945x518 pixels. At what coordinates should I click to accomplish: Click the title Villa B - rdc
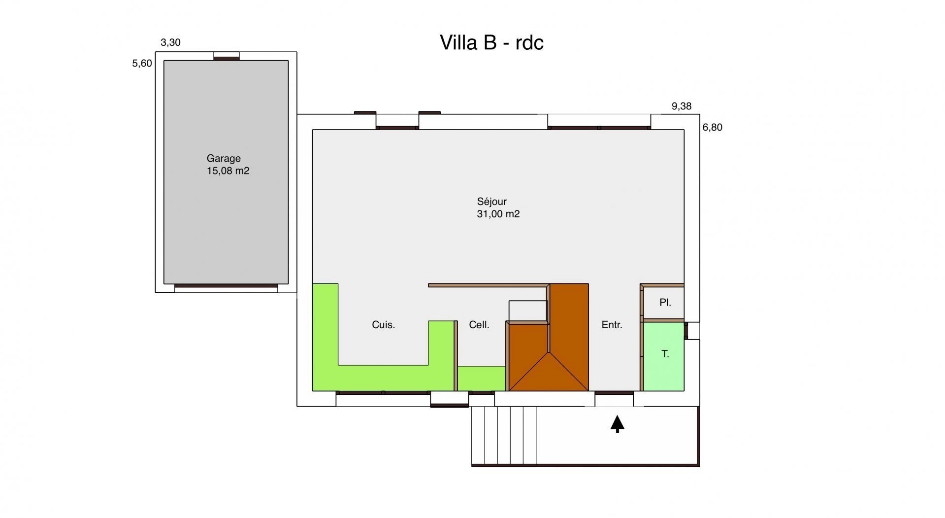coord(491,43)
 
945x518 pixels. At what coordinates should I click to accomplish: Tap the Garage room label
coord(224,159)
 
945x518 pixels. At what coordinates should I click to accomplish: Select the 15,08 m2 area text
coord(228,171)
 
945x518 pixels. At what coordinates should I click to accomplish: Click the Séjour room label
coord(491,202)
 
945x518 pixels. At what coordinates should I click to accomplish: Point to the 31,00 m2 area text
coord(498,214)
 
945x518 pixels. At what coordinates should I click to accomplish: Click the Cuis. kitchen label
coord(384,325)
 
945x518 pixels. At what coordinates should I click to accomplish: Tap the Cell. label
coord(479,325)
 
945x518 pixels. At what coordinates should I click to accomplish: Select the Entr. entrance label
coord(612,325)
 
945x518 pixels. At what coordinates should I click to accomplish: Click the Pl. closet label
coord(665,303)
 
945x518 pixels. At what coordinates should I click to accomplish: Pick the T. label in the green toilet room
coord(665,354)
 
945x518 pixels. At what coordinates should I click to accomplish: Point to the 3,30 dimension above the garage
coord(170,43)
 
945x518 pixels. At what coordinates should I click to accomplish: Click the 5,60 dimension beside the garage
coord(142,64)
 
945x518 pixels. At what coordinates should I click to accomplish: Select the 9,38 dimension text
coord(682,106)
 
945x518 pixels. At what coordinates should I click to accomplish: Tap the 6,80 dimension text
coord(712,128)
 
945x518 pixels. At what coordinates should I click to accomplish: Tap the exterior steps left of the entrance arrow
coord(504,436)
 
